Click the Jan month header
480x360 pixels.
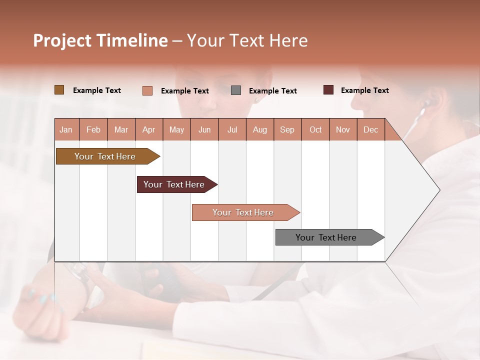click(66, 130)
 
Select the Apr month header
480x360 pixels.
click(149, 130)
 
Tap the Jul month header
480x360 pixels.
click(232, 130)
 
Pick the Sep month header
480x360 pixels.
click(287, 130)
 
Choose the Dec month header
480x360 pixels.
click(370, 130)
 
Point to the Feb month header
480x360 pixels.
click(93, 130)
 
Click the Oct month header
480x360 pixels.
click(315, 130)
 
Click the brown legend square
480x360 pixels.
click(59, 90)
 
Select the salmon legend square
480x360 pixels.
click(147, 90)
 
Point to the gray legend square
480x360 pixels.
click(236, 90)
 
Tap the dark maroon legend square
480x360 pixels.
click(328, 90)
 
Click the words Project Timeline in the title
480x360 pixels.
click(100, 40)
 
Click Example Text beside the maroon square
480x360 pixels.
click(364, 90)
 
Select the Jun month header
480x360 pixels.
click(204, 130)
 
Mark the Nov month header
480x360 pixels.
click(343, 130)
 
